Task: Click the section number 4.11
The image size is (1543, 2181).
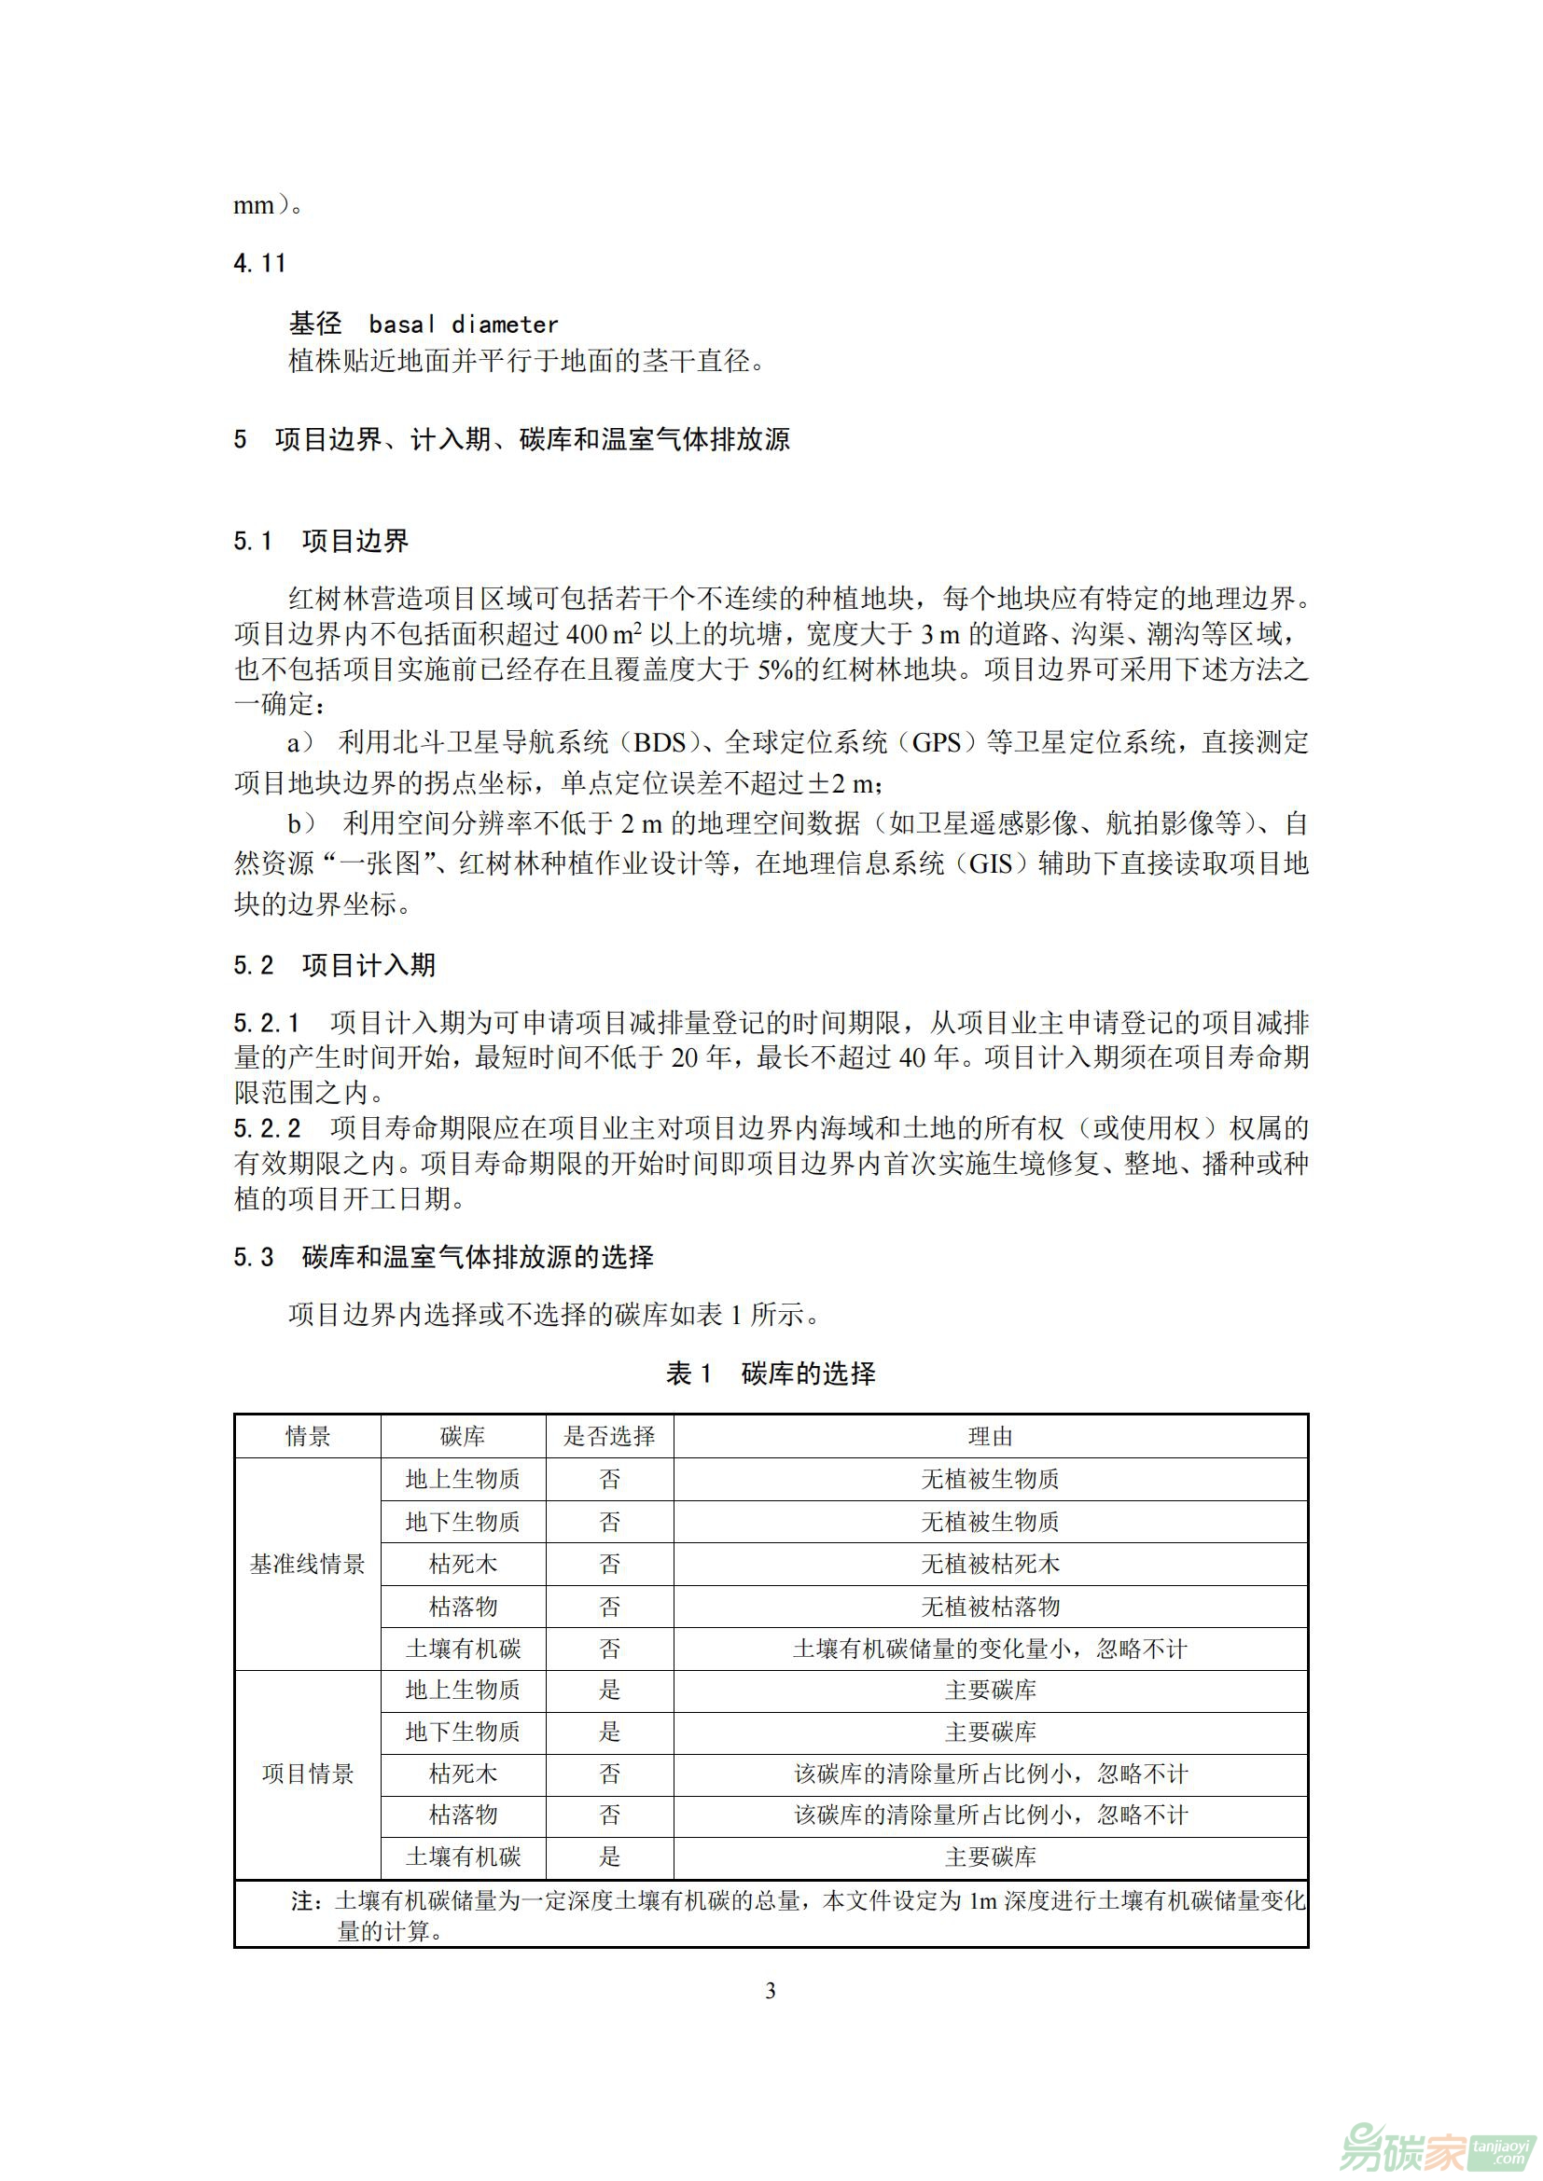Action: click(x=259, y=263)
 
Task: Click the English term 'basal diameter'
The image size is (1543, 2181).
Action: click(x=463, y=324)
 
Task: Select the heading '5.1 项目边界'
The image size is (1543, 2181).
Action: click(x=321, y=542)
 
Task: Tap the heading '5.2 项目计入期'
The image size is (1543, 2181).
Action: click(x=335, y=965)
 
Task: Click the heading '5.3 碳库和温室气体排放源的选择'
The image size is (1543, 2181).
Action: click(x=444, y=1258)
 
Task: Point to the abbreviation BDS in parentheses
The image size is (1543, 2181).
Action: click(x=660, y=743)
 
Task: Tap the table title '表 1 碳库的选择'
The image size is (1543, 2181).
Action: click(x=771, y=1373)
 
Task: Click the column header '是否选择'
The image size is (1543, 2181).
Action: click(x=609, y=1436)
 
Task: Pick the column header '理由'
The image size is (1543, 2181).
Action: click(x=990, y=1436)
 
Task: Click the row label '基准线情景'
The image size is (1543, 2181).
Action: click(x=307, y=1565)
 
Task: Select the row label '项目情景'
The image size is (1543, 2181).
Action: click(x=307, y=1774)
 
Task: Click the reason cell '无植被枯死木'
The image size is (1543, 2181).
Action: click(x=990, y=1565)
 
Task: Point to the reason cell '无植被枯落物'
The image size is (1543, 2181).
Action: click(x=990, y=1608)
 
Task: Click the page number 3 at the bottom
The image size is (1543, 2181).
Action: click(x=771, y=1991)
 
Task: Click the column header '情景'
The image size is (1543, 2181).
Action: click(x=307, y=1436)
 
